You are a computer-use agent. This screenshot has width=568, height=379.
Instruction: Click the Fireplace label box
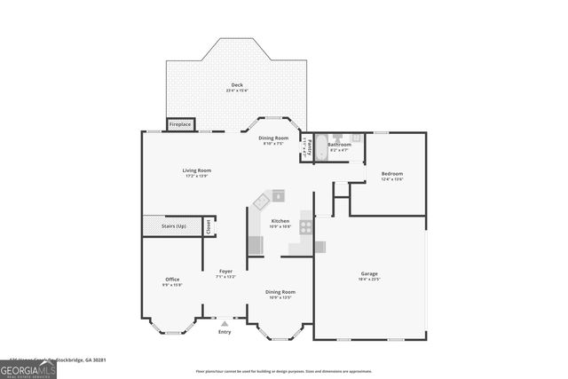[x=180, y=125]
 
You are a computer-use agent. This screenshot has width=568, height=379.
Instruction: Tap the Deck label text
[x=237, y=85]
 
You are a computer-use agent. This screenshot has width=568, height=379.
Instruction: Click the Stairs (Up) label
[x=174, y=226]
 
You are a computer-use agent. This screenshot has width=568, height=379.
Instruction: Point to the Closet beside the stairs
[x=209, y=226]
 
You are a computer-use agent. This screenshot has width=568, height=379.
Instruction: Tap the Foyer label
[x=225, y=272]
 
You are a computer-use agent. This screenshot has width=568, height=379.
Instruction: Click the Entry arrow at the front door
[x=225, y=324]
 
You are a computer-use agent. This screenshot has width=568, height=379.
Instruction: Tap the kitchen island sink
[x=278, y=195]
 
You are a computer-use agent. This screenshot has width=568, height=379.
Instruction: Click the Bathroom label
[x=339, y=145]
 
